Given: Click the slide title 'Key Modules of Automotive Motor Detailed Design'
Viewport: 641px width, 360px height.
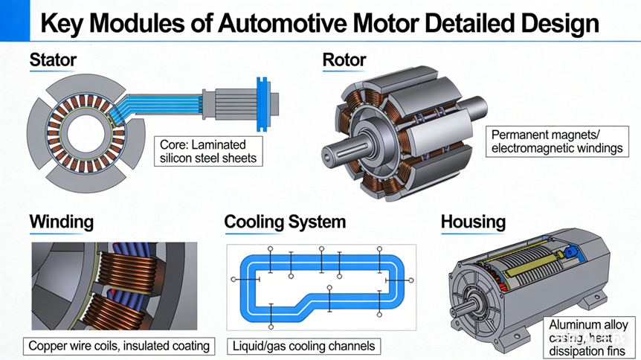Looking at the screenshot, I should pos(319,23).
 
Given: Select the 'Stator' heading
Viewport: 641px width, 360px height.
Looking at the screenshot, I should pos(53,60).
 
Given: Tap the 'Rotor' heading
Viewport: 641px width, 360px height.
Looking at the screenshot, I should pos(344,60).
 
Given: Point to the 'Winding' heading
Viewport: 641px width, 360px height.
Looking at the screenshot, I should pos(62,222).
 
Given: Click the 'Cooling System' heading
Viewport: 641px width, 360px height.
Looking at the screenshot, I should pos(285,222).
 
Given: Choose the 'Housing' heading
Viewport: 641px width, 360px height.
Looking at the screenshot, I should pos(473,222).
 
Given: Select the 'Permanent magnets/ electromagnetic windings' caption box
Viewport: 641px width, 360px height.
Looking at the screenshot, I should pos(557,141).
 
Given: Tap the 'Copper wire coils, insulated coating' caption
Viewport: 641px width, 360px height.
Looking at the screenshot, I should pos(118,346).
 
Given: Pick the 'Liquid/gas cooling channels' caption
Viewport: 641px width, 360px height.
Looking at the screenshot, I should pos(303,346).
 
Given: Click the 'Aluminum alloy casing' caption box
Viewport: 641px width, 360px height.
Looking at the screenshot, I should pos(588,337).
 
